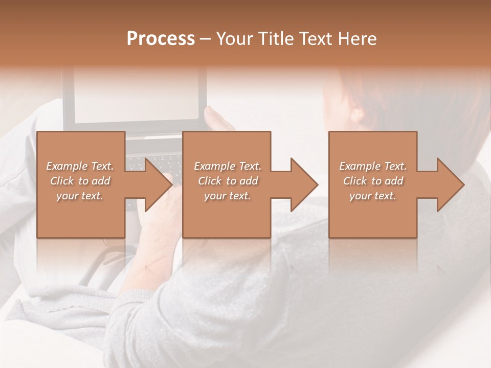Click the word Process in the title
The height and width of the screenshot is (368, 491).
161,39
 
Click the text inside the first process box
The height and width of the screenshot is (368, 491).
80,181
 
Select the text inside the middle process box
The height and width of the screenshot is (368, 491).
227,181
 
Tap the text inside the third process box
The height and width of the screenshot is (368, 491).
373,181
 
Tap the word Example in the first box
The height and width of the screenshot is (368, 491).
66,166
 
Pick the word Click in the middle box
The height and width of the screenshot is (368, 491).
210,181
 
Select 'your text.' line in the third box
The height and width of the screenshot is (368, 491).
373,196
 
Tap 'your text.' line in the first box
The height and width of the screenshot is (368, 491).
80,196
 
